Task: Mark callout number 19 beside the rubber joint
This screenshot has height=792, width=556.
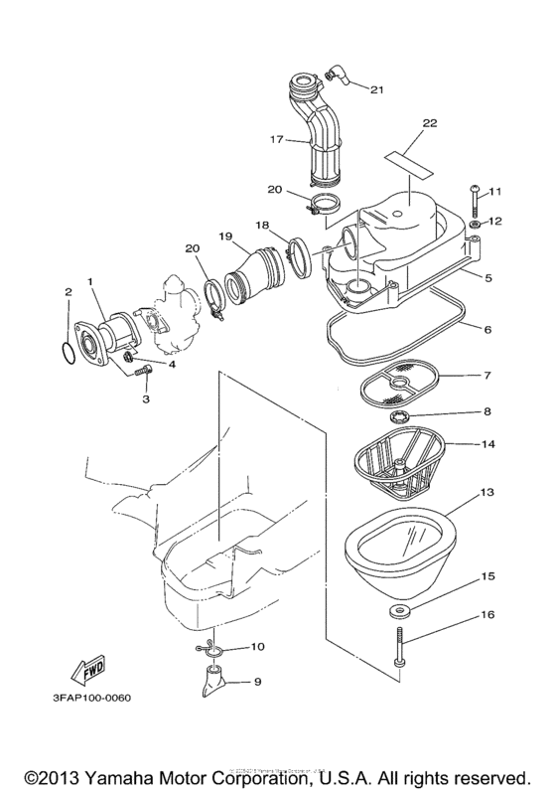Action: tap(224, 238)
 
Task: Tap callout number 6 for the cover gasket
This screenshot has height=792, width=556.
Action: tap(486, 327)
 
